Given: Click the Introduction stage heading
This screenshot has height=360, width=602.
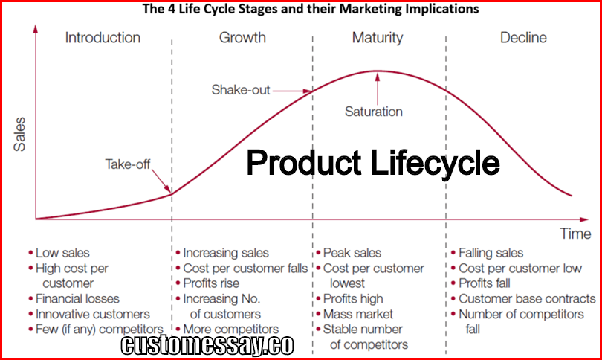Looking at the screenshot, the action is pos(103,38).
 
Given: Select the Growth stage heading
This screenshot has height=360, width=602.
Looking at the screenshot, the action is pos(242,38).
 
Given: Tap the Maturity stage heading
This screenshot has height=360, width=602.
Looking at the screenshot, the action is pos(378,38).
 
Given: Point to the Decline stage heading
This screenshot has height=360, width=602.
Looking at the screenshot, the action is pos(523,38).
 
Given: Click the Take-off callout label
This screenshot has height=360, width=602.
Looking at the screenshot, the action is pos(128,164).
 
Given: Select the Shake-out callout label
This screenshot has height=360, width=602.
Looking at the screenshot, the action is pos(241,90).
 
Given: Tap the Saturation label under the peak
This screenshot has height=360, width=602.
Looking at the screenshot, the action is pos(374,112).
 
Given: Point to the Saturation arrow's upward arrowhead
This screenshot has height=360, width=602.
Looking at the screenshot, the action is pos(378,77).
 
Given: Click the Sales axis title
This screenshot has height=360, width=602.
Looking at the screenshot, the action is pos(19,134).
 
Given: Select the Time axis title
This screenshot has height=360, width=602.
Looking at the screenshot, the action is pos(575,234).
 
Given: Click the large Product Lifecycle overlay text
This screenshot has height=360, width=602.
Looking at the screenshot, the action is pos(373,162).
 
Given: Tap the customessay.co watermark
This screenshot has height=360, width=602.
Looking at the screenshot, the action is pos(207,344).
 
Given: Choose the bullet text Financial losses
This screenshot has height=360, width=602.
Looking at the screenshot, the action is pos(77,298).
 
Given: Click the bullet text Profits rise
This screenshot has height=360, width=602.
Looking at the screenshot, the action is pos(211,283).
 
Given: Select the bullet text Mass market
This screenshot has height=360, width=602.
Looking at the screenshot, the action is pos(357,314).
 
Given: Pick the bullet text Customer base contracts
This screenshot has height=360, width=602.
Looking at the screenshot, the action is pos(527,298).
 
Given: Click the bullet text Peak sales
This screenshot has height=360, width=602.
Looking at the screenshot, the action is pos(352,253).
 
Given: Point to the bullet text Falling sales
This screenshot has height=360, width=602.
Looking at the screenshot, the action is pos(491,253).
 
